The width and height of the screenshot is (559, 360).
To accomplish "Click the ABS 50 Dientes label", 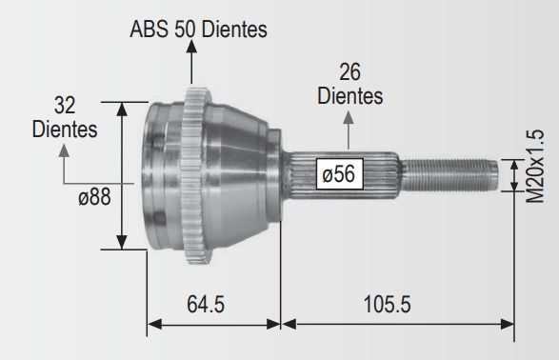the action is click(x=198, y=29).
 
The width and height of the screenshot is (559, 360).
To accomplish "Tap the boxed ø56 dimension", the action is click(x=339, y=174).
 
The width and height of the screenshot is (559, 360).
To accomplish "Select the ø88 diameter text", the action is click(x=94, y=197).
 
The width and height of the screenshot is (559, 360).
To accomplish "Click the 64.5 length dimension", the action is click(x=206, y=305).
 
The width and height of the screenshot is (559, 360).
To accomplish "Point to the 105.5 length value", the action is click(x=387, y=305).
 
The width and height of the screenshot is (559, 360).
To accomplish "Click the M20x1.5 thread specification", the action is click(x=535, y=166).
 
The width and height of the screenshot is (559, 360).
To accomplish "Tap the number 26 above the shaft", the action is click(x=349, y=72).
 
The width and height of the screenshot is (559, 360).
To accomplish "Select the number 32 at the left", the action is click(x=65, y=106).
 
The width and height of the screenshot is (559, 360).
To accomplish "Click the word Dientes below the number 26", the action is click(x=350, y=96).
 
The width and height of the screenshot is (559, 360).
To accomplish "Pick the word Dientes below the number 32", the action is click(x=65, y=129).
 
